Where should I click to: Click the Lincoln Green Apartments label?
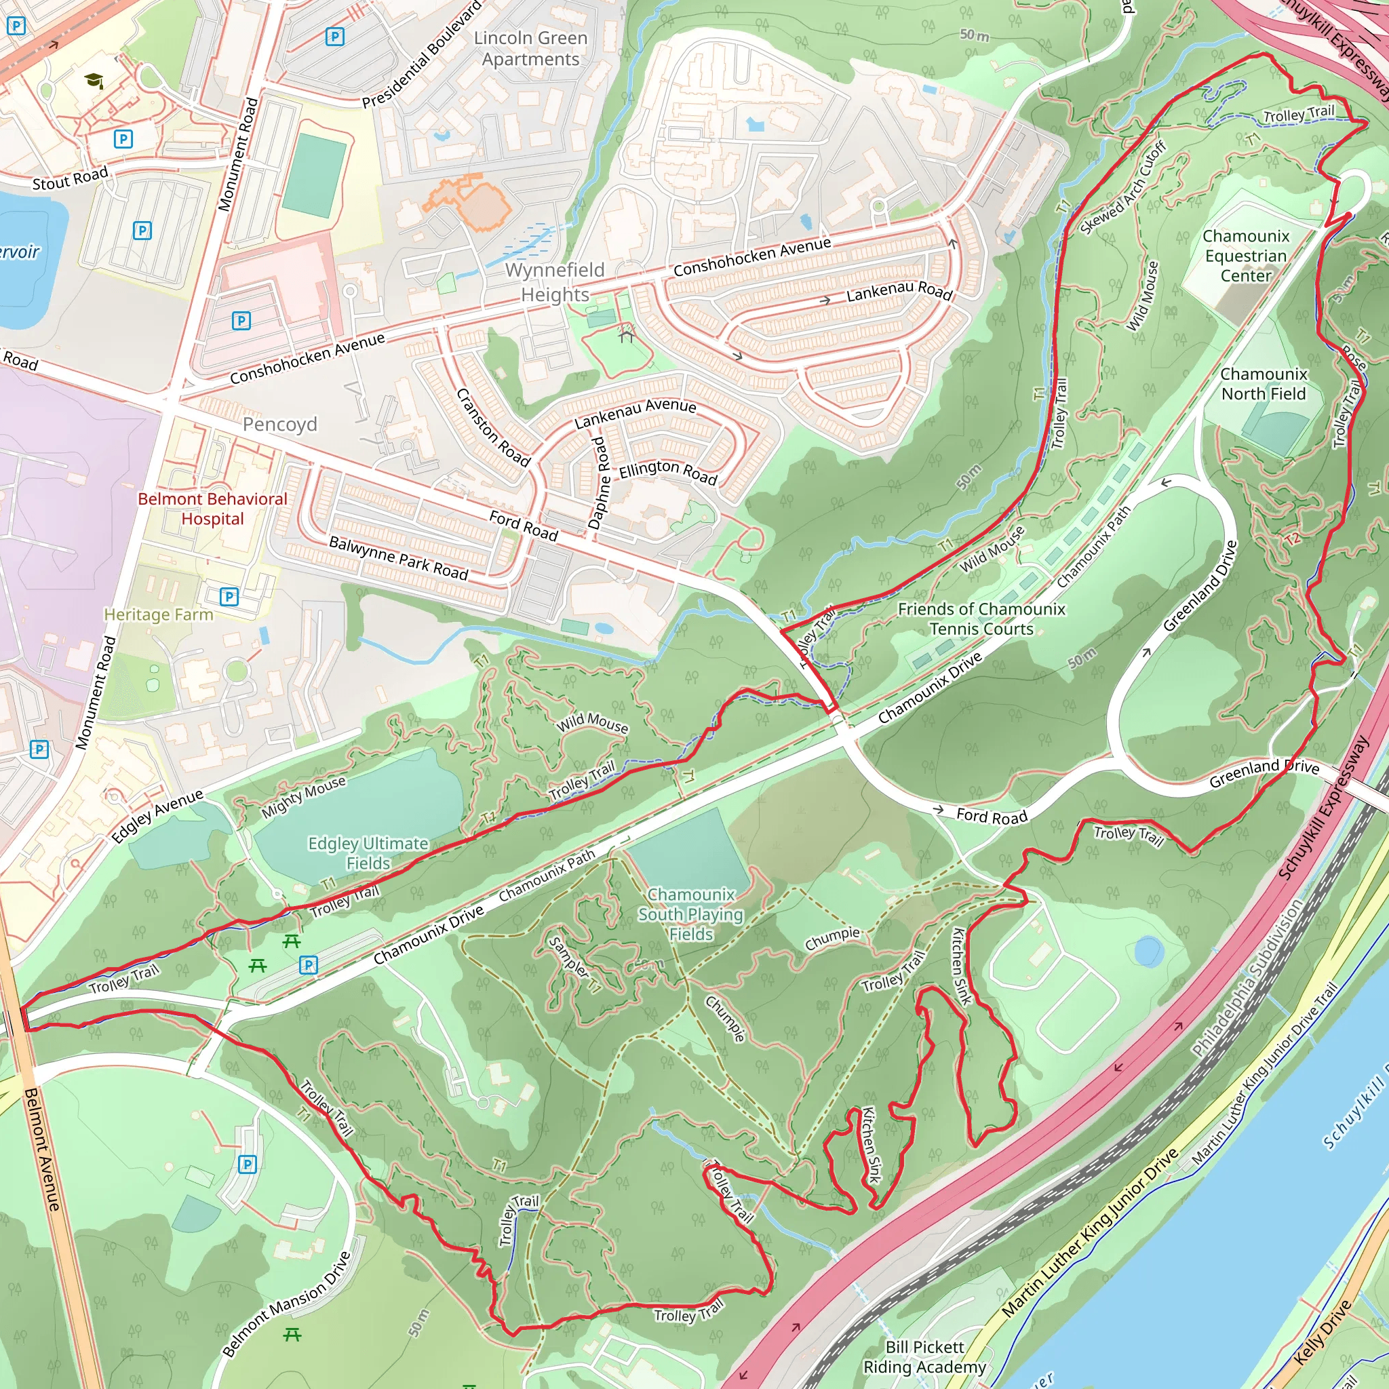(530, 48)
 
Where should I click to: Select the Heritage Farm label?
(158, 614)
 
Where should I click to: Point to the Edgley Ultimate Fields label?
(368, 853)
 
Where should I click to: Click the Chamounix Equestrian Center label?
(1246, 256)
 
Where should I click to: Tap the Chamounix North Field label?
(1263, 384)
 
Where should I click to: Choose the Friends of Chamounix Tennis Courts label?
(981, 619)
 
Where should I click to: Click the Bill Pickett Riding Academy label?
(924, 1356)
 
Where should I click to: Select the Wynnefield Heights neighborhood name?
(554, 282)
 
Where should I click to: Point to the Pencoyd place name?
(279, 424)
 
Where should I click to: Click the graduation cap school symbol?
(94, 81)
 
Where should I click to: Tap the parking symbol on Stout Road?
(123, 139)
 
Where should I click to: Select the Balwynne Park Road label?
(398, 558)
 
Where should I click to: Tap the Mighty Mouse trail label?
(302, 797)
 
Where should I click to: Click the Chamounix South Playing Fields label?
(690, 914)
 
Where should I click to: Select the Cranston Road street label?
(493, 428)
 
